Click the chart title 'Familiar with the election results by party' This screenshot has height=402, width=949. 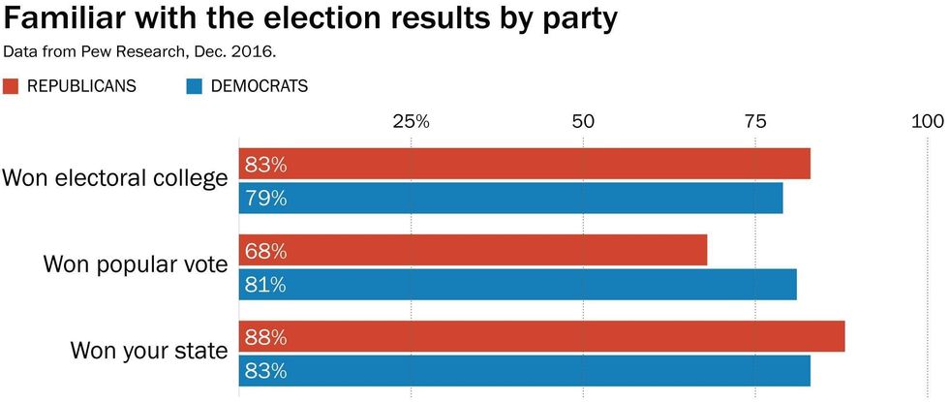(311, 18)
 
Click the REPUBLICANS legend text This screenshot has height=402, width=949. (81, 86)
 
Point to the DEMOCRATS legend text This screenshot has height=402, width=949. (259, 86)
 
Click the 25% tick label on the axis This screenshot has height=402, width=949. (411, 122)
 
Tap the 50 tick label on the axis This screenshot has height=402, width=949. (582, 122)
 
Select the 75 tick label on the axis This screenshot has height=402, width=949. (754, 122)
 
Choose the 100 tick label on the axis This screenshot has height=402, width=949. (927, 122)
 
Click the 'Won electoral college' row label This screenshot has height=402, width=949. (115, 178)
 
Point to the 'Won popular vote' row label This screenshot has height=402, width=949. (136, 264)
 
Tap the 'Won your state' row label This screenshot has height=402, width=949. (149, 350)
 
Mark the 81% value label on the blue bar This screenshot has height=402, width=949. (265, 285)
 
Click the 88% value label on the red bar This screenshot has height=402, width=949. (265, 337)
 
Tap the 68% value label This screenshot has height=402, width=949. (265, 251)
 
